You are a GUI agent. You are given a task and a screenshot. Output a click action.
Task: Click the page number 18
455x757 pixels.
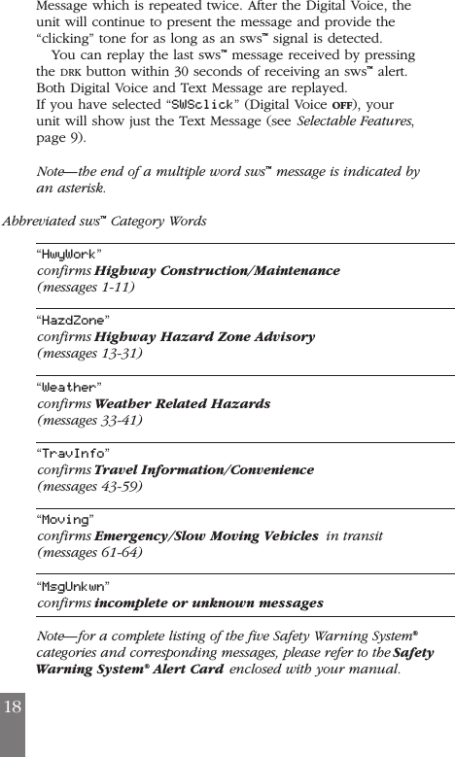12,705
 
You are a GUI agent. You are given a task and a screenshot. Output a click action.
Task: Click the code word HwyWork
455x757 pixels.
68,255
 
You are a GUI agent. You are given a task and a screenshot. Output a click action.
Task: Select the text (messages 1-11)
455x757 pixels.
86,288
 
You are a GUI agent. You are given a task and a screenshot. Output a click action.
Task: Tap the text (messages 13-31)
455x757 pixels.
89,354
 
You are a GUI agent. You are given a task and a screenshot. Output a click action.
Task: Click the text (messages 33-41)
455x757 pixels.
89,421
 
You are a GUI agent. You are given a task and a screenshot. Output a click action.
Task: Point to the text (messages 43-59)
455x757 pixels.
89,487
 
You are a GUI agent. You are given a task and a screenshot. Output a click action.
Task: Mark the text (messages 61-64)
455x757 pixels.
89,553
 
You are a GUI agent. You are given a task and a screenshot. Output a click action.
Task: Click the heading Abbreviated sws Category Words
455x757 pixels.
105,221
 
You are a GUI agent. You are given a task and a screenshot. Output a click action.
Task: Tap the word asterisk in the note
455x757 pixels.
76,188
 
